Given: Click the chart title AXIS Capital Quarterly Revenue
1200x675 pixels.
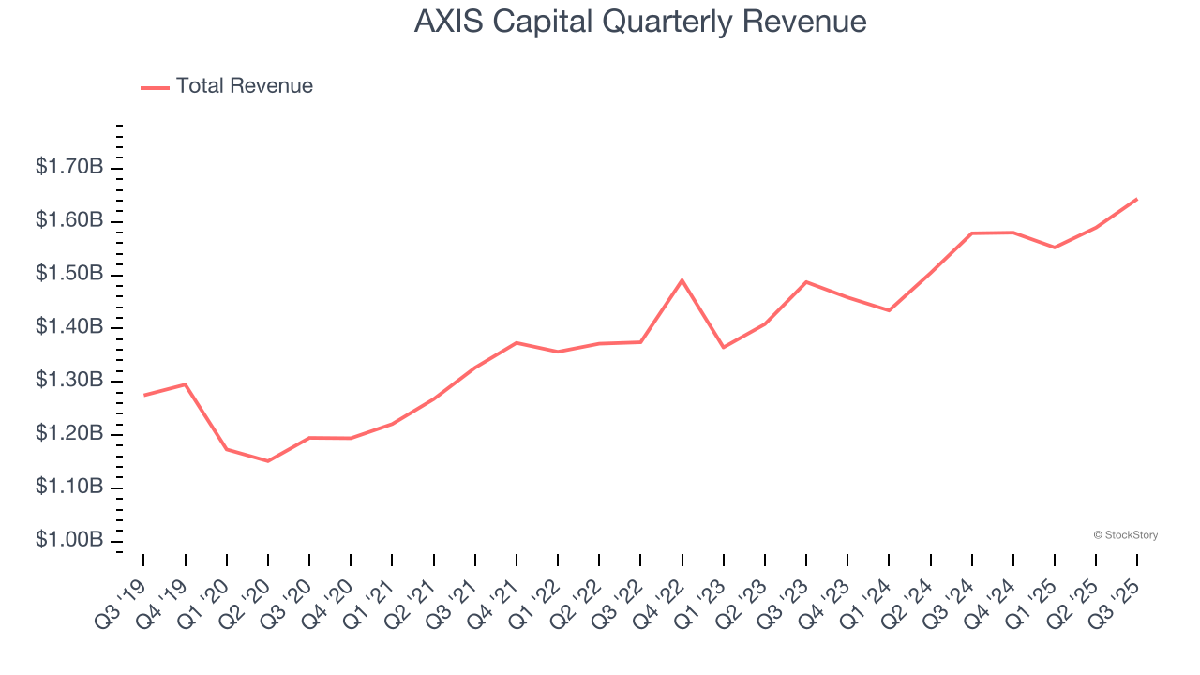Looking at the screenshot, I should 640,22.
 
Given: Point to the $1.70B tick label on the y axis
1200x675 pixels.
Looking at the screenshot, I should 69,168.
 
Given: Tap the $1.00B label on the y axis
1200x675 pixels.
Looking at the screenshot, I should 69,541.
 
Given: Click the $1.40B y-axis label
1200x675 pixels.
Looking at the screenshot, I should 69,327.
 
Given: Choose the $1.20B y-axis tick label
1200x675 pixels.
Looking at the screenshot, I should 69,434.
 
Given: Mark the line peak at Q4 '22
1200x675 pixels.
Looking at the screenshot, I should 682,280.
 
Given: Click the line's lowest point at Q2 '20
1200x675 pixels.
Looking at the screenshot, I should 268,461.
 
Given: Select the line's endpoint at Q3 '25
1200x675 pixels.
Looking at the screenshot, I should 1137,199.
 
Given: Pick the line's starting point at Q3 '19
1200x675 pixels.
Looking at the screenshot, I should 143,395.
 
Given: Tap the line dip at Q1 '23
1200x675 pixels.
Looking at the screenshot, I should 723,348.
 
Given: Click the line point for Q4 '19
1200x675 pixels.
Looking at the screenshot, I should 185,384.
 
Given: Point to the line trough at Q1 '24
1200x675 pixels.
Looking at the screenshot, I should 889,310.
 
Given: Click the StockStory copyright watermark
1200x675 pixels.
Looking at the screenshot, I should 1125,535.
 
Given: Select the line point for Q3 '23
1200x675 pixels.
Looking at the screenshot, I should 806,281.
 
